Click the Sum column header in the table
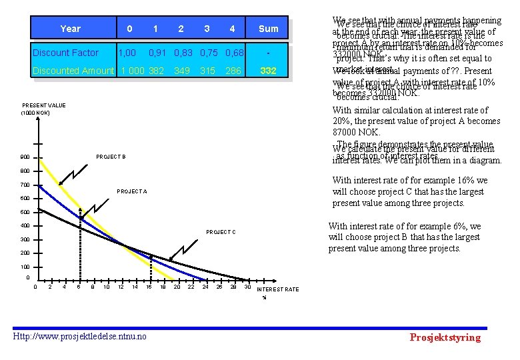[268, 29]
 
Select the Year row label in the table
[70, 29]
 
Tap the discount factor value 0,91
[157, 53]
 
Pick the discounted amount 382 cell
[157, 71]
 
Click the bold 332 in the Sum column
[268, 71]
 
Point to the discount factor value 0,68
[233, 53]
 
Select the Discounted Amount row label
[74, 71]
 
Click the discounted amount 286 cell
[233, 71]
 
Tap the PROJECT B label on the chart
[111, 157]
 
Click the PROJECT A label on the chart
[132, 191]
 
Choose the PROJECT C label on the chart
[221, 232]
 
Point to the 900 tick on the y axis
[25, 157]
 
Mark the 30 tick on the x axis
[247, 287]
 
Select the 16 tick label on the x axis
[149, 287]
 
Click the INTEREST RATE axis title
[278, 289]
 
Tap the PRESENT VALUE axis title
[44, 105]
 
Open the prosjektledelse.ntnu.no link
[79, 336]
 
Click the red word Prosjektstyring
[445, 337]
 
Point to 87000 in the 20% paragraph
[348, 133]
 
